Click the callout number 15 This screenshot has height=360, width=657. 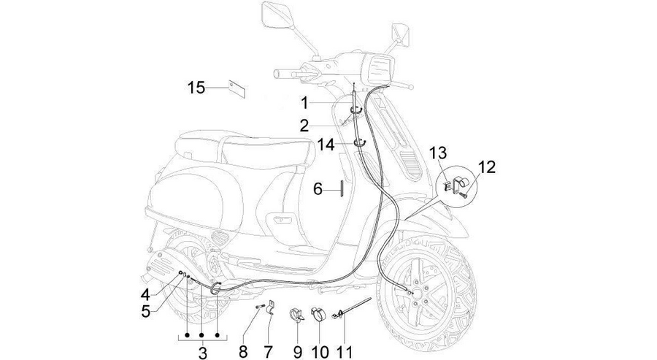point(196,88)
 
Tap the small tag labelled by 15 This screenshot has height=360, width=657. point(237,88)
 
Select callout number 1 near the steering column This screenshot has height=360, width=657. point(304,103)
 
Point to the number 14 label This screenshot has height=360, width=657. point(326,145)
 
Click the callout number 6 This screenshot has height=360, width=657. point(318,189)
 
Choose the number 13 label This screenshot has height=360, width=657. point(437,153)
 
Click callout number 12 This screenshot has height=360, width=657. point(487,166)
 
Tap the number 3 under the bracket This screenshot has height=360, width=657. point(202,352)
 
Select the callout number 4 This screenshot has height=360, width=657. point(145,294)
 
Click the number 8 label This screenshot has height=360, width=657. point(243,351)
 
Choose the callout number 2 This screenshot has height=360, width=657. point(304,125)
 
